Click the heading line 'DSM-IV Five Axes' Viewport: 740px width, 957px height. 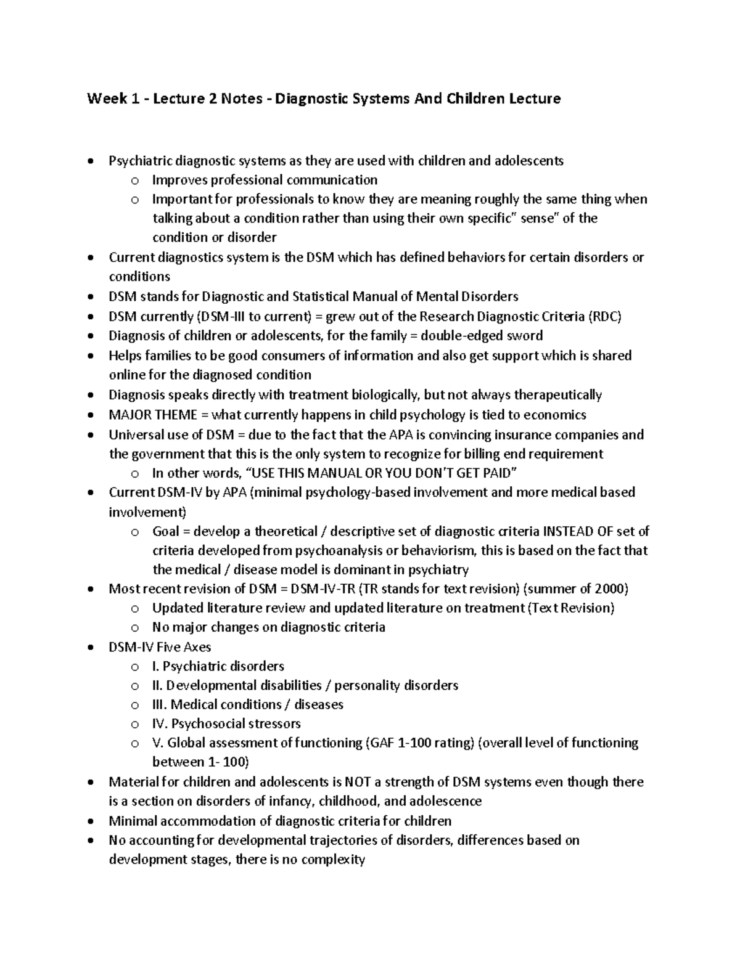pyautogui.click(x=160, y=647)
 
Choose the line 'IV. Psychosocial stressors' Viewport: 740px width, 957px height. pyautogui.click(x=226, y=723)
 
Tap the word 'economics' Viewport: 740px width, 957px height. pyautogui.click(x=557, y=415)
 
